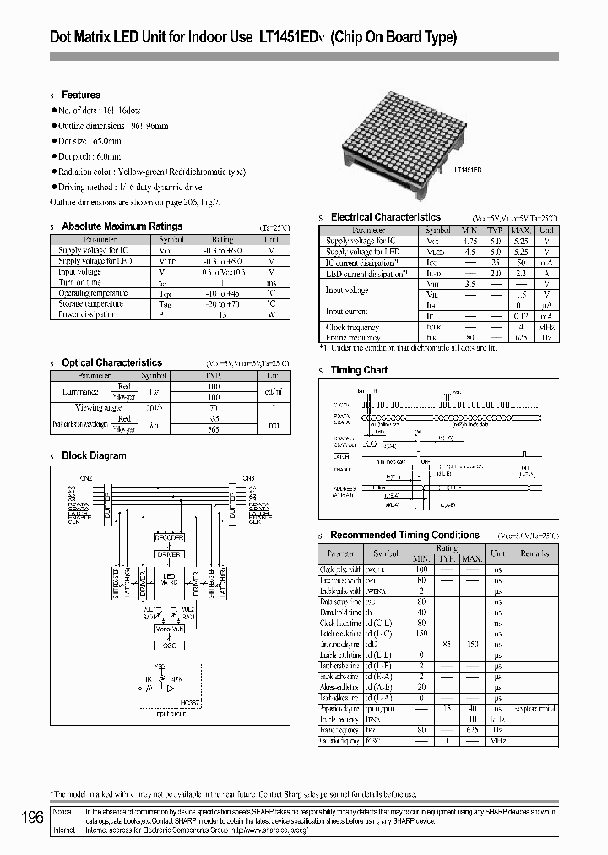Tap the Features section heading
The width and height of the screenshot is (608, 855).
[x=80, y=95]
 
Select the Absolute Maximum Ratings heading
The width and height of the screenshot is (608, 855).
[x=122, y=226]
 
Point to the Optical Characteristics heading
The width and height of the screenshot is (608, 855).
[x=111, y=362]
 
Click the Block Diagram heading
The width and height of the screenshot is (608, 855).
[x=94, y=455]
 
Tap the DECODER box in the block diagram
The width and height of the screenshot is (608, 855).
[x=169, y=537]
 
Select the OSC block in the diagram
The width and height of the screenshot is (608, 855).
[x=170, y=645]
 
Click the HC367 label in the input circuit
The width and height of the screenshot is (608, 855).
[x=193, y=701]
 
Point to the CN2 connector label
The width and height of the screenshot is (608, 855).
[x=85, y=478]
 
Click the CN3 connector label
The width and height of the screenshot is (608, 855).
[x=248, y=478]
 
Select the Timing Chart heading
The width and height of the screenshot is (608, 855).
[x=359, y=370]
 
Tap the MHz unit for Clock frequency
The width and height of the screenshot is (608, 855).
[x=547, y=327]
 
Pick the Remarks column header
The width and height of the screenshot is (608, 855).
[x=535, y=553]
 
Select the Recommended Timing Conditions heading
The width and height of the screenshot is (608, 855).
[x=404, y=535]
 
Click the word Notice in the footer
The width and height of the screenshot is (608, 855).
[x=62, y=810]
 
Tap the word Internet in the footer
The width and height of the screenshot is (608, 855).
[x=64, y=830]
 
